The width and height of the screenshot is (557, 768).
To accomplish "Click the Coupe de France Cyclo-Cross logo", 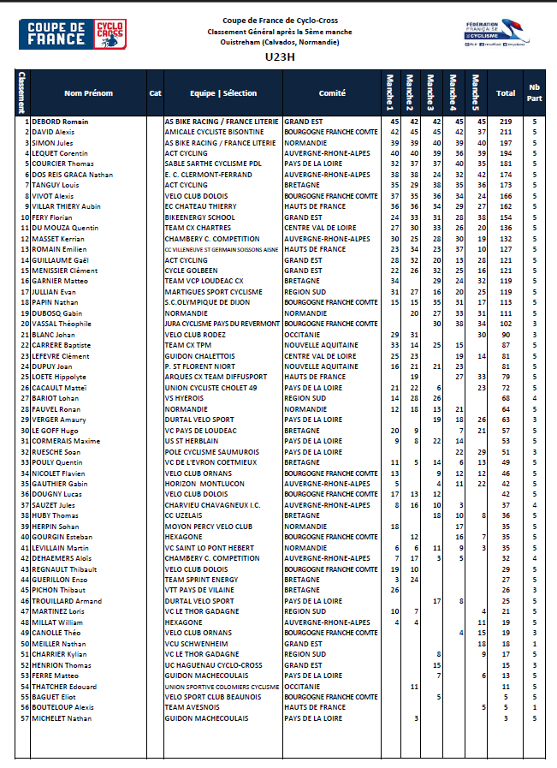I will [x=72, y=35].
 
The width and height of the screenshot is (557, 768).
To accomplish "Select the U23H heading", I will [x=280, y=58].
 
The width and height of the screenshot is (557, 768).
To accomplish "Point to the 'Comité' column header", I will [x=332, y=93].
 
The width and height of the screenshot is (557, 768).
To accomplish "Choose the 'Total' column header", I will [x=506, y=93].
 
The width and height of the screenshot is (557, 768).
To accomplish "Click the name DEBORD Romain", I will [x=61, y=122].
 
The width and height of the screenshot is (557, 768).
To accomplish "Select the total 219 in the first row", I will [x=506, y=122].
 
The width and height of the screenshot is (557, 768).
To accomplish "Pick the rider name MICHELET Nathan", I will [x=62, y=717].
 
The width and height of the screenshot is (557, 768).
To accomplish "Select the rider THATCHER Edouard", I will [x=65, y=687].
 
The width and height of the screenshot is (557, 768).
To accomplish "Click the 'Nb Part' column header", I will [x=535, y=92].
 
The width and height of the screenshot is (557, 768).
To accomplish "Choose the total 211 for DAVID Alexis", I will [x=506, y=133].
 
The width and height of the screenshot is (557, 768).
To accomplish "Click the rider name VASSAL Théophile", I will [x=62, y=324].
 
